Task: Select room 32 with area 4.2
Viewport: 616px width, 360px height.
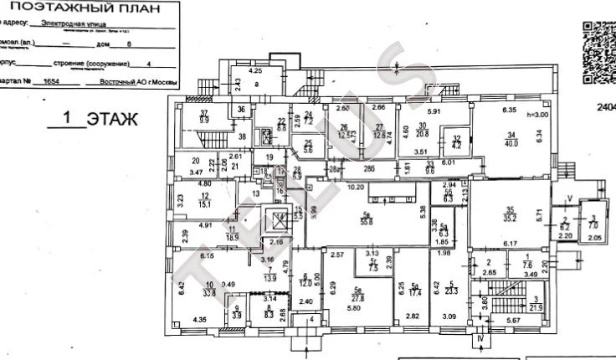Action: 457,142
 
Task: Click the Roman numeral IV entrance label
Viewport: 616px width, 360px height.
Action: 479,341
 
